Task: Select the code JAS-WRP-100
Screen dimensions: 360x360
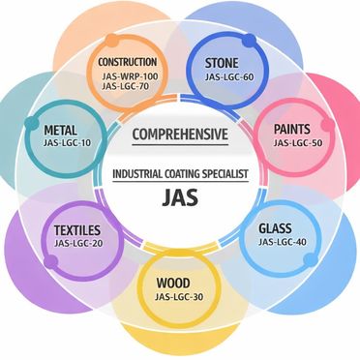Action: click(129, 75)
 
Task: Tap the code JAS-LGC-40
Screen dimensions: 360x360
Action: click(275, 245)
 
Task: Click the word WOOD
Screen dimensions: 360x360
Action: click(179, 284)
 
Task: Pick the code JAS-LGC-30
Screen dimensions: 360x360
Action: click(179, 300)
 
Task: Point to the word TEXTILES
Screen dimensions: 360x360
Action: click(77, 231)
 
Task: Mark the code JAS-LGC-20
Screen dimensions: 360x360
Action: click(77, 246)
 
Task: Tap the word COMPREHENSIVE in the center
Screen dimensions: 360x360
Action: click(179, 133)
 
